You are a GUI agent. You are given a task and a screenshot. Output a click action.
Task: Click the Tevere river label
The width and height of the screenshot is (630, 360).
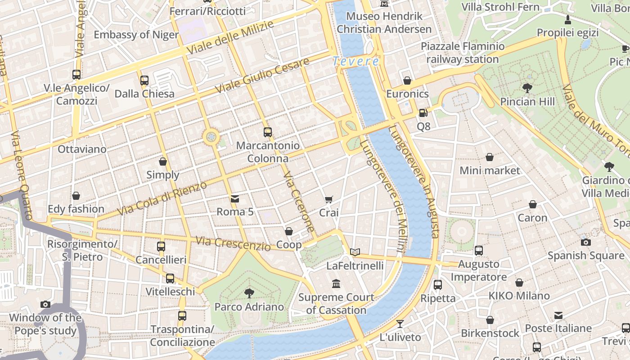(x=355, y=61)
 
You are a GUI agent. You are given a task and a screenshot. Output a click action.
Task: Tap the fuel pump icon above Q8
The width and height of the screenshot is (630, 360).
(x=423, y=113)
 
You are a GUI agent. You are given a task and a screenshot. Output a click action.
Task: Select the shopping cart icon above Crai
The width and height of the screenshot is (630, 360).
(x=329, y=199)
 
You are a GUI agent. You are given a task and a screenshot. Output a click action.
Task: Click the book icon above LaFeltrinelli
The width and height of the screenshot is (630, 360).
(x=355, y=252)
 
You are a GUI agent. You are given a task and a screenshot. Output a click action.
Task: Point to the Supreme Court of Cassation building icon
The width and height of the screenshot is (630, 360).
(x=336, y=283)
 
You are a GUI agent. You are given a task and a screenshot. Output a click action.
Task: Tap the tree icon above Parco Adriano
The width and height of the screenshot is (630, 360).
(x=249, y=293)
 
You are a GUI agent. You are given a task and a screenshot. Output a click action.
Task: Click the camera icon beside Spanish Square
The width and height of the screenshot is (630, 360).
(x=585, y=242)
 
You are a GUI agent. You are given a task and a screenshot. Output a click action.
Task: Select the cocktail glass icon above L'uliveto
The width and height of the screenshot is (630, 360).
(x=400, y=324)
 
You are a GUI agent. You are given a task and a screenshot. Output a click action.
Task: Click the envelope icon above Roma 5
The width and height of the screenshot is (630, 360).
(x=234, y=198)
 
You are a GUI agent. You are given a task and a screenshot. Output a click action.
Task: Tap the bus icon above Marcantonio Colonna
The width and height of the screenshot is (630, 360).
(x=268, y=132)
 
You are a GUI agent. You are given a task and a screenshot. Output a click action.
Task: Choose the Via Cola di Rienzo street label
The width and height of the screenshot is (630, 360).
(x=162, y=198)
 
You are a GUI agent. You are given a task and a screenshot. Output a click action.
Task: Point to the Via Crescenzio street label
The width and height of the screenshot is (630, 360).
(x=233, y=243)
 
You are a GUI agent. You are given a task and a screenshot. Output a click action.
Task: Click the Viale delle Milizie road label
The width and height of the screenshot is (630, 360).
(x=230, y=37)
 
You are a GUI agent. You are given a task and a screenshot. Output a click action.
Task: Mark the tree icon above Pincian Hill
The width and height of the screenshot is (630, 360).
(x=527, y=88)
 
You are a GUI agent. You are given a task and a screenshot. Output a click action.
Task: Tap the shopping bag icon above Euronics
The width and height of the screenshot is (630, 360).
(x=407, y=81)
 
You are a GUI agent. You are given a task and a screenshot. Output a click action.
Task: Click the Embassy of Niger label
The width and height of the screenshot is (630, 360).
(x=136, y=35)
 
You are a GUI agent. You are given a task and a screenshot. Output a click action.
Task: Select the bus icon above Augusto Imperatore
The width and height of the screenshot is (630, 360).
(x=479, y=251)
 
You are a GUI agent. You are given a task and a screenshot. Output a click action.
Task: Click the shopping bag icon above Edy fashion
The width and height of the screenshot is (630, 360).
(x=76, y=196)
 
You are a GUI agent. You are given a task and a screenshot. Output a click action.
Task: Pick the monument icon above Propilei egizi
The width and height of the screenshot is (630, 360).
(x=568, y=19)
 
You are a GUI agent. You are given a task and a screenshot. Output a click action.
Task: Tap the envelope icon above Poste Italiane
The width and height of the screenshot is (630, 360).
(x=558, y=315)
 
